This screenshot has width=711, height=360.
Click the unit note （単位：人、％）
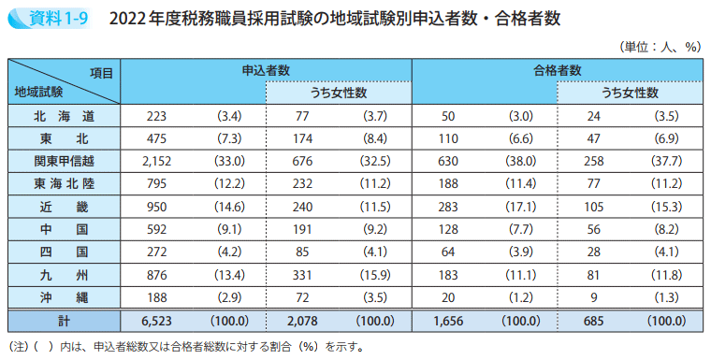[660, 46]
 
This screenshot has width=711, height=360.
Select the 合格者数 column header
[557, 70]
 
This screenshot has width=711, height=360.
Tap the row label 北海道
[64, 116]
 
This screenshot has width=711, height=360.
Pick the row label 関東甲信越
[64, 161]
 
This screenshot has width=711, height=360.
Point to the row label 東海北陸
[64, 183]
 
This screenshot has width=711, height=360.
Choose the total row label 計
[64, 321]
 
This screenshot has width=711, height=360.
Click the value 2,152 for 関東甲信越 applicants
[156, 161]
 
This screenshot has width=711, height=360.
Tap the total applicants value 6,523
[156, 321]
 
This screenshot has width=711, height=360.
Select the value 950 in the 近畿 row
[156, 207]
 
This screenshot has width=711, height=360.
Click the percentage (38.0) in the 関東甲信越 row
[520, 161]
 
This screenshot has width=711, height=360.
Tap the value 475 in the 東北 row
[156, 138]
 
